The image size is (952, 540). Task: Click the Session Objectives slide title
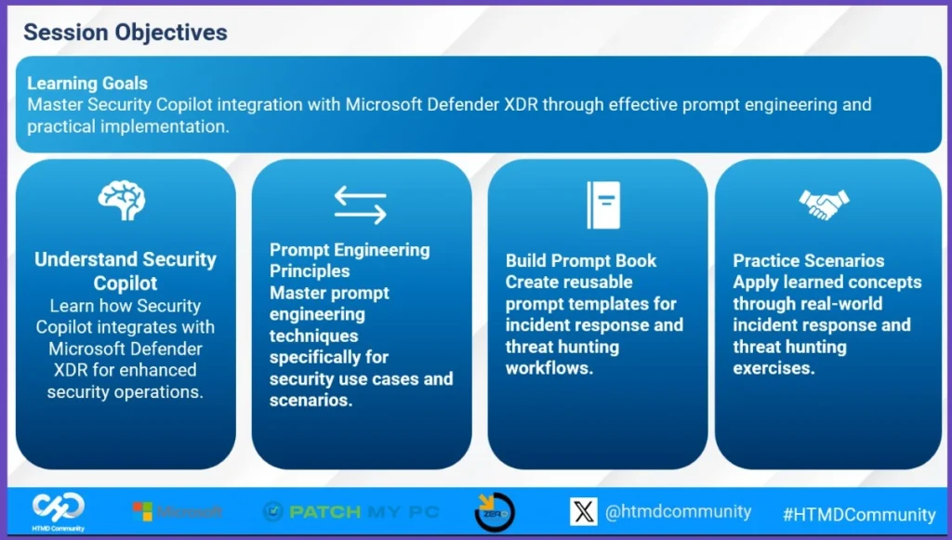coord(126,33)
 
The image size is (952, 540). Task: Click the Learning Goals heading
coord(86,83)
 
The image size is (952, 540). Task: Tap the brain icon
coord(122,200)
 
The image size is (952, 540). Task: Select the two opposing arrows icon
coord(360,205)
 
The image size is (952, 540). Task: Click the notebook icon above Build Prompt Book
coord(603,205)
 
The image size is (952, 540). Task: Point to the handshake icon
coord(824,204)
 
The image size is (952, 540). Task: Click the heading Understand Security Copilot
coord(126,271)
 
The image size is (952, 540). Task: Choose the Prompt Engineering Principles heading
coord(350,260)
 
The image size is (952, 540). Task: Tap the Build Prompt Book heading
coord(580,260)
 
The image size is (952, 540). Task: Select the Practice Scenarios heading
coord(808,260)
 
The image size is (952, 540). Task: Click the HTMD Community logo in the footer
coord(59,511)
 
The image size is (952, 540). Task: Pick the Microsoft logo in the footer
coord(178,511)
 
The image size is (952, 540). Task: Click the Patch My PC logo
coord(350,511)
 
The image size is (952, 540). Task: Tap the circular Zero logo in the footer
coord(495,512)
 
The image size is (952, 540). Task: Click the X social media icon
coord(584,511)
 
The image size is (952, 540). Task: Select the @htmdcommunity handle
coord(678,512)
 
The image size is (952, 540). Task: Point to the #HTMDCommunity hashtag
coord(859,515)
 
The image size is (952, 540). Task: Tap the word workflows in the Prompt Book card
coord(549,368)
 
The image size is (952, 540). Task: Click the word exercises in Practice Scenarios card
coord(773,368)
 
